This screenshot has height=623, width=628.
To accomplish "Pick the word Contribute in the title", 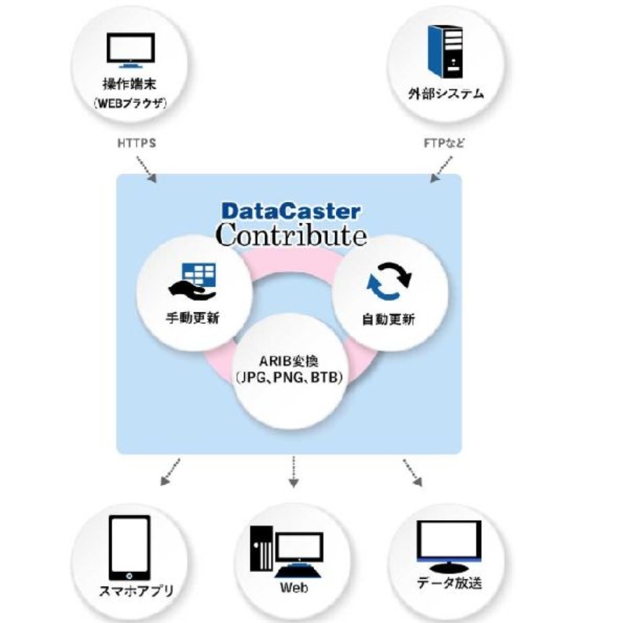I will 290,234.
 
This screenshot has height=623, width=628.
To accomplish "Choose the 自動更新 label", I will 390,321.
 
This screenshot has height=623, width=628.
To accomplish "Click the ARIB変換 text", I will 291,361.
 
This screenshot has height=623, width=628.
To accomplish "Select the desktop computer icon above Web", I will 287,548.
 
